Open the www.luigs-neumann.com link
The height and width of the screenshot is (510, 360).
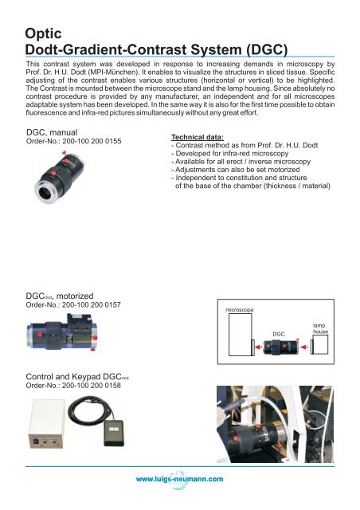[180, 478]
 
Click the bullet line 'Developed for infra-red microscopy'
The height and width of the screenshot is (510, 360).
[234, 158]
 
